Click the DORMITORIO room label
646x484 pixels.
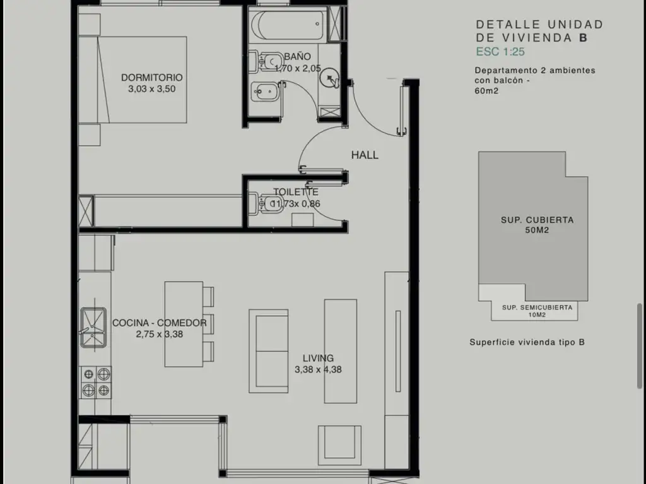(x=151, y=78)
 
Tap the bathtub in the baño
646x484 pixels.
(x=288, y=25)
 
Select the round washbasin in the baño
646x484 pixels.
(x=329, y=78)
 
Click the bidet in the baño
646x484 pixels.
(x=265, y=92)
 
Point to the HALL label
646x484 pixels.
(x=365, y=155)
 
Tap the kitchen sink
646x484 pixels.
(x=93, y=327)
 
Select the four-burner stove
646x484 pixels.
(x=95, y=383)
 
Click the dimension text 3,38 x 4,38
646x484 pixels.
(x=318, y=369)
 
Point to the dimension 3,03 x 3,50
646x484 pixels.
(x=151, y=89)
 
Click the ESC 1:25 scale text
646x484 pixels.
(x=500, y=52)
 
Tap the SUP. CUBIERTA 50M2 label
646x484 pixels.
(x=537, y=225)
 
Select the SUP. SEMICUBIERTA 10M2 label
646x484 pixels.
(x=537, y=311)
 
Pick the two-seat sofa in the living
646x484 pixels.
(x=268, y=351)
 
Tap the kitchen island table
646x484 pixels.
(x=184, y=324)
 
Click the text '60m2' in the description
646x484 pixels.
(x=486, y=91)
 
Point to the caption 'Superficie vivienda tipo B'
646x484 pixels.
(x=527, y=342)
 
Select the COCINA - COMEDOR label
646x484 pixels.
(x=159, y=323)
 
